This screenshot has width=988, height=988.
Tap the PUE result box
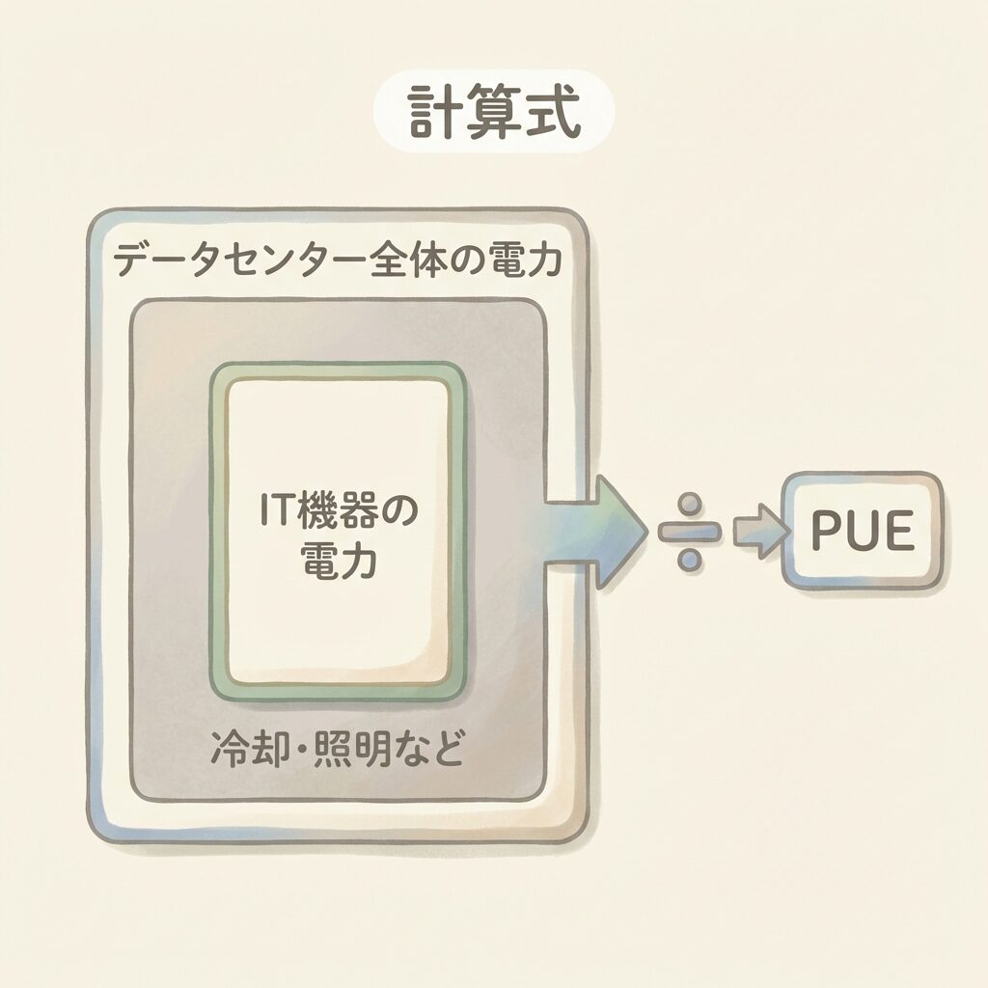(862, 530)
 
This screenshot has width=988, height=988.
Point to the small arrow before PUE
(756, 532)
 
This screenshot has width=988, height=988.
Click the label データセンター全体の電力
(337, 261)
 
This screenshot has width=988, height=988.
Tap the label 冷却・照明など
(337, 750)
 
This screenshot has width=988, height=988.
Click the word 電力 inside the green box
(338, 560)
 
